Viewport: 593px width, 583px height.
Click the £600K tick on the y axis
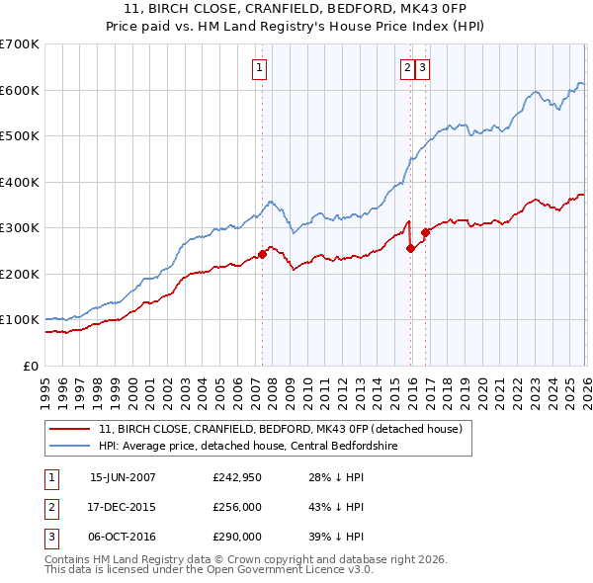pyautogui.click(x=20, y=90)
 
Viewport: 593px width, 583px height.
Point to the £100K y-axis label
pyautogui.click(x=20, y=320)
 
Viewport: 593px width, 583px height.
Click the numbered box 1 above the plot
pyautogui.click(x=259, y=68)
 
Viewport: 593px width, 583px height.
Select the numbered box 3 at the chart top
pyautogui.click(x=423, y=68)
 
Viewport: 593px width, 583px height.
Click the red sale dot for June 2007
pyautogui.click(x=263, y=254)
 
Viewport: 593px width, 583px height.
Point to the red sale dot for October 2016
pyautogui.click(x=426, y=232)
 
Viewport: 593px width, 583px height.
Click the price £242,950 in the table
pyautogui.click(x=236, y=477)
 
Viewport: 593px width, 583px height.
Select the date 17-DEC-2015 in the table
pyautogui.click(x=123, y=507)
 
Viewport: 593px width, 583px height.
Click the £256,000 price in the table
pyautogui.click(x=236, y=507)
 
